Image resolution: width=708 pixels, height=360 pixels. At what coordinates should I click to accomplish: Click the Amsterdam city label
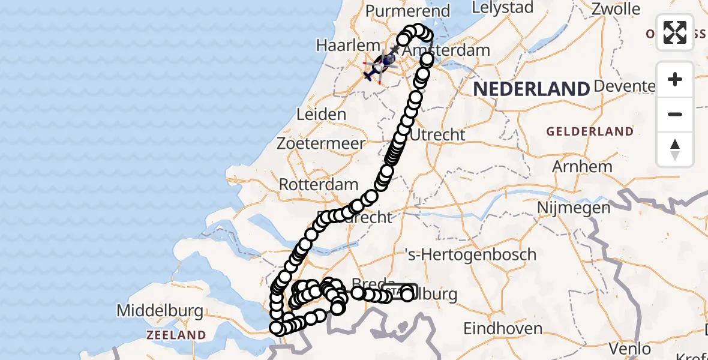pyautogui.click(x=447, y=50)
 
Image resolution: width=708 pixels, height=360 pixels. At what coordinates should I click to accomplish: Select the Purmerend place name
pyautogui.click(x=408, y=11)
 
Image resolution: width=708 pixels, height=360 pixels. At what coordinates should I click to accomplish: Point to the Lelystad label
pyautogui.click(x=503, y=8)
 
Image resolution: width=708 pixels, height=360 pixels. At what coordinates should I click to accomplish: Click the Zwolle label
pyautogui.click(x=616, y=9)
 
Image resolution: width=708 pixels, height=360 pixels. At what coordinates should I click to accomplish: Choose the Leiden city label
pyautogui.click(x=321, y=114)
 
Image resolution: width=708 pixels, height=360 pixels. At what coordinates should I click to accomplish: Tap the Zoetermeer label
pyautogui.click(x=321, y=144)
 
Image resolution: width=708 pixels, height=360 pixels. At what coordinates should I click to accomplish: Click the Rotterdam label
pyautogui.click(x=319, y=185)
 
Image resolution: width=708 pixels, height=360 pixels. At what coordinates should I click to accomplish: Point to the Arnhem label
pyautogui.click(x=583, y=166)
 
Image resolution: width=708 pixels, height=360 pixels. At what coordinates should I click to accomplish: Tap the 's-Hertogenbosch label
pyautogui.click(x=471, y=254)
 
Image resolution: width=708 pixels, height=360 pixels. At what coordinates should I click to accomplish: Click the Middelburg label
pyautogui.click(x=160, y=311)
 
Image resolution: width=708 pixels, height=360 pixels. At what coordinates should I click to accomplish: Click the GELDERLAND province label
pyautogui.click(x=589, y=131)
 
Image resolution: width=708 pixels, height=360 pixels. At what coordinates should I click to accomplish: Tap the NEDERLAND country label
pyautogui.click(x=532, y=89)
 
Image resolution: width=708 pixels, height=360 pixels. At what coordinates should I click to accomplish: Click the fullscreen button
pyautogui.click(x=675, y=32)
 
